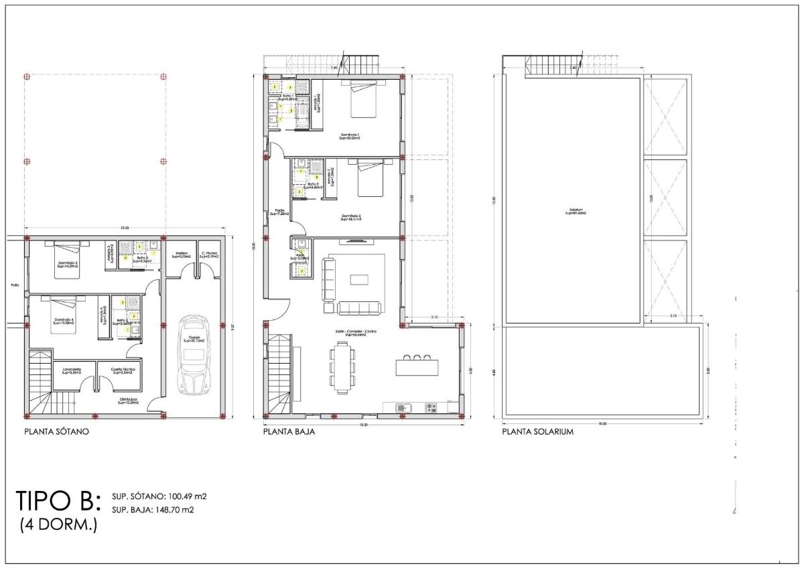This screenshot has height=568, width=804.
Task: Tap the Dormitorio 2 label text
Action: tap(350, 216)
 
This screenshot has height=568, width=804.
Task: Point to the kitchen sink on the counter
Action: tap(402, 407)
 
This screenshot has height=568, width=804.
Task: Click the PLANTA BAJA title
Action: tap(289, 432)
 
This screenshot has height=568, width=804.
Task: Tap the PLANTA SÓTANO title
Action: tap(56, 432)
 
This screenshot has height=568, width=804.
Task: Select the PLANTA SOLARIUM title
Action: tap(538, 432)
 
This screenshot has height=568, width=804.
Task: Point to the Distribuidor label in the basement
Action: tap(128, 401)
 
